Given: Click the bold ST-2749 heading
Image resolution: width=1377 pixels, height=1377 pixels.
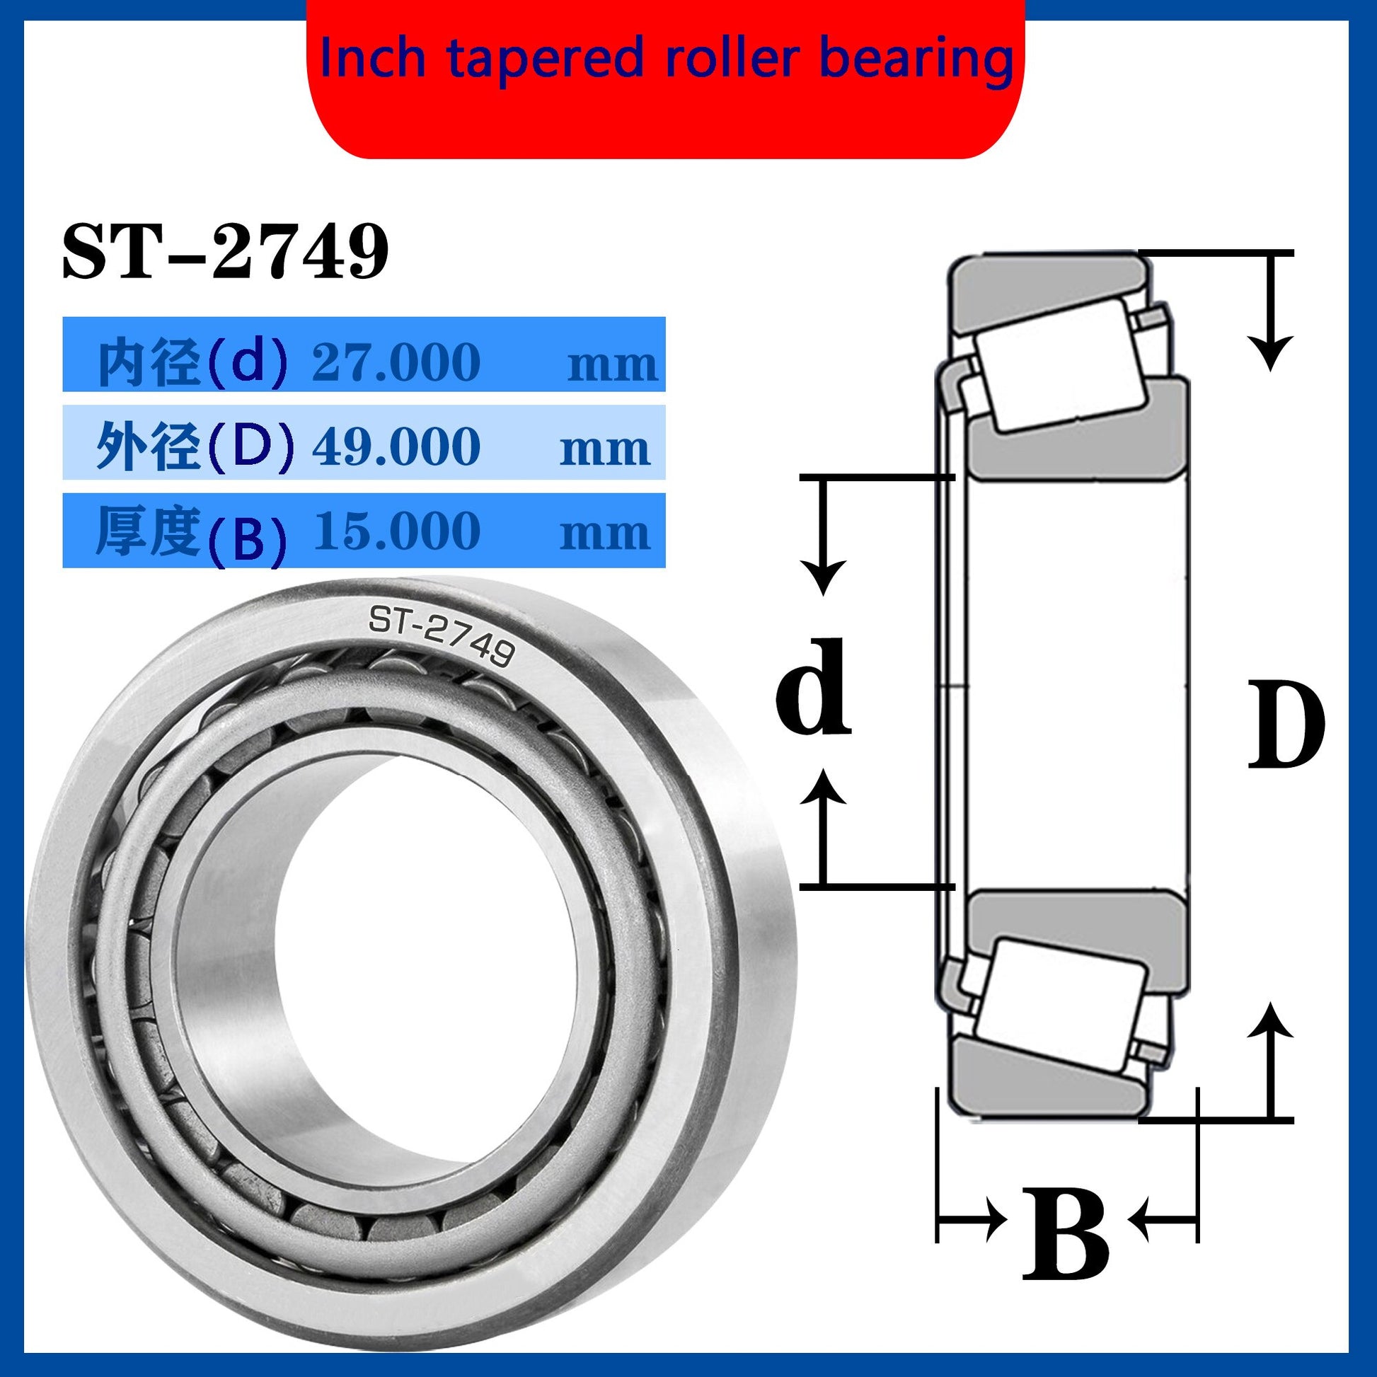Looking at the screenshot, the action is coord(225,252).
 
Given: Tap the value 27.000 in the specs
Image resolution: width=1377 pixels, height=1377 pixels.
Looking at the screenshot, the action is coord(396,362).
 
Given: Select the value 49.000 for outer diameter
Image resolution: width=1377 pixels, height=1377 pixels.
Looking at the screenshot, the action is coord(396,447).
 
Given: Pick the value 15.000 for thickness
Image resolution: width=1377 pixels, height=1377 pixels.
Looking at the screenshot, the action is coord(396,531).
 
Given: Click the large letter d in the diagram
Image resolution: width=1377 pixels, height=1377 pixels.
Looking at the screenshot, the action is coord(813,686).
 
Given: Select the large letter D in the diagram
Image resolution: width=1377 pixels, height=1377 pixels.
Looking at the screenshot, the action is coord(1286,725).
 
